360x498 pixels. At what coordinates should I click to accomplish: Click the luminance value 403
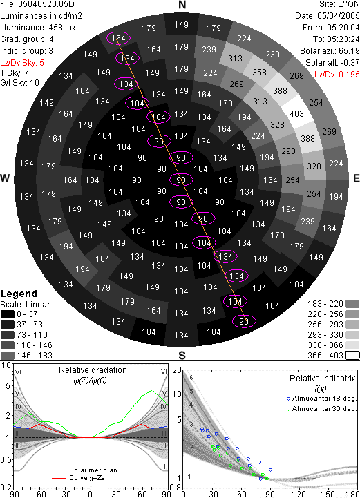296,114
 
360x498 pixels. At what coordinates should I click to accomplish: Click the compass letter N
182,5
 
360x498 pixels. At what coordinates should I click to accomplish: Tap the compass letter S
182,355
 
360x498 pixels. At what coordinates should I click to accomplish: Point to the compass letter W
5,178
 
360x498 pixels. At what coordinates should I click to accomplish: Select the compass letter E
356,178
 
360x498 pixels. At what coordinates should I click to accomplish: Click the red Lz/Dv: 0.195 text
337,75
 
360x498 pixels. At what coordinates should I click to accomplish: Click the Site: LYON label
339,4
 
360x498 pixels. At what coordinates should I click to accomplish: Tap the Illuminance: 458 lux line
38,28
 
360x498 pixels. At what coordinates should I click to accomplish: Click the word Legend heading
19,294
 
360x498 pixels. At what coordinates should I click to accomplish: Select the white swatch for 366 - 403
352,355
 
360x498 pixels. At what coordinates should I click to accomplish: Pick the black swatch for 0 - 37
8,314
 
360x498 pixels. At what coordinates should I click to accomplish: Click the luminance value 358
259,73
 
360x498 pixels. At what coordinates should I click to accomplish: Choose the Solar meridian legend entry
85,470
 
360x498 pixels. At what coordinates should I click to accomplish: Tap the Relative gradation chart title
93,370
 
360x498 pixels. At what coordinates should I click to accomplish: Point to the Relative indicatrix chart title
323,379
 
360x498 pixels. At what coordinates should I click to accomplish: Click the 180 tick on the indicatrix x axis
353,494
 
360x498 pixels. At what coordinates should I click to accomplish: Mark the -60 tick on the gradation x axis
39,494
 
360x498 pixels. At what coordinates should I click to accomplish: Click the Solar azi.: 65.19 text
330,51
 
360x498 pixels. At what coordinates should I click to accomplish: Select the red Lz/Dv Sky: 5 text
22,63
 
